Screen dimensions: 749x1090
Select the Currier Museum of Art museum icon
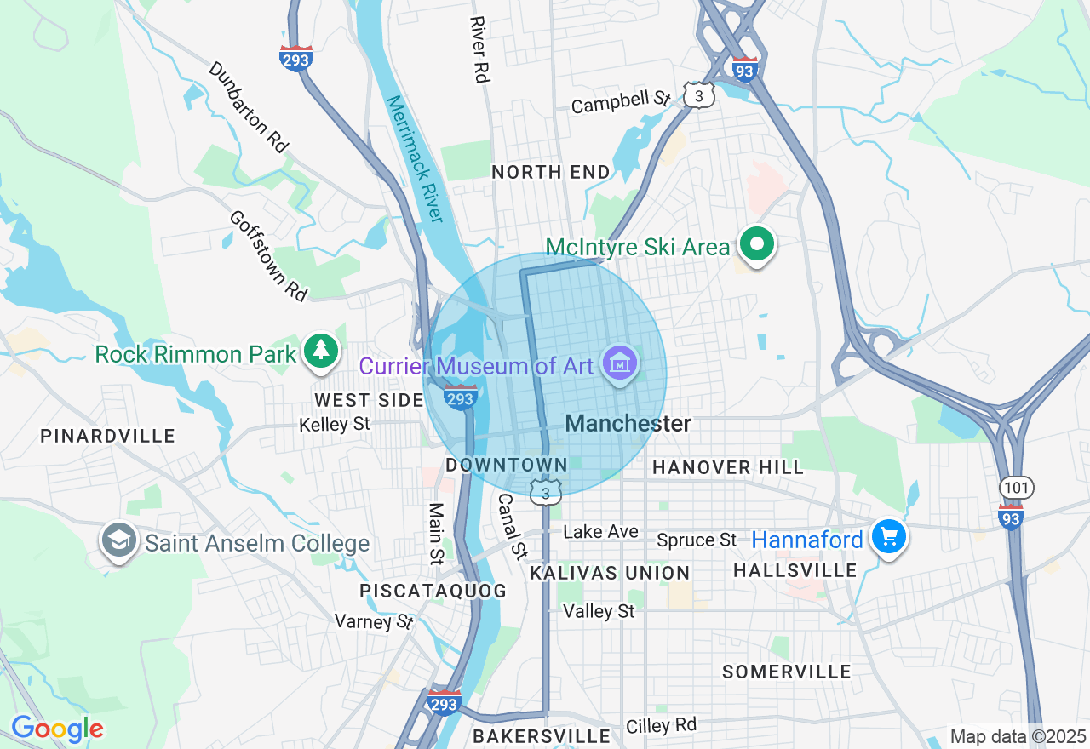[x=620, y=364]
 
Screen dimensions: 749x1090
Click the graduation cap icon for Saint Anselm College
[x=118, y=541]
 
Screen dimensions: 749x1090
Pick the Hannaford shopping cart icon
[x=889, y=538]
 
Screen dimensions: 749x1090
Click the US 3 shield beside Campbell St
[x=698, y=96]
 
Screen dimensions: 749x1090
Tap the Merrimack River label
[x=415, y=158]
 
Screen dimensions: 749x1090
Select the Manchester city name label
[x=628, y=423]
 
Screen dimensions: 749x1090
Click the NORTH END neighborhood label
[x=551, y=172]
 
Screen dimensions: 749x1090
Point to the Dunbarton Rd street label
[x=248, y=106]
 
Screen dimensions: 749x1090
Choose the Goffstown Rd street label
[x=267, y=255]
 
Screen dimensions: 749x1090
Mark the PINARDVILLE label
[x=107, y=436]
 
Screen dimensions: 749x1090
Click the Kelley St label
[x=335, y=423]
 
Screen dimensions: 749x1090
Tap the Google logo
[x=57, y=729]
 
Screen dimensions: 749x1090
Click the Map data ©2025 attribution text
[x=1018, y=736]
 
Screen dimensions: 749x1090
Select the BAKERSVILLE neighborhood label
[x=542, y=735]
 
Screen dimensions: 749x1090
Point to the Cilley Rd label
[x=661, y=725]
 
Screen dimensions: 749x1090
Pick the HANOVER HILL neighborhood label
[x=727, y=467]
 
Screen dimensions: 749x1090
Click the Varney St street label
[x=374, y=621]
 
